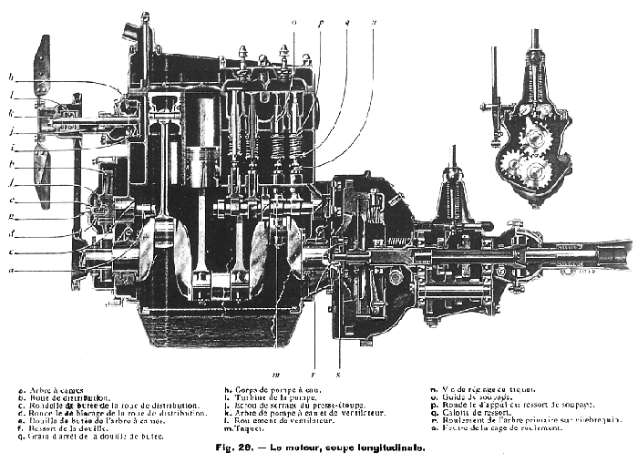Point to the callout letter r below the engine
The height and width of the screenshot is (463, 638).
click(x=314, y=373)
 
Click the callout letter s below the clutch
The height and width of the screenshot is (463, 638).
click(x=339, y=373)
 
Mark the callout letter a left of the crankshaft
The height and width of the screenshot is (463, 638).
click(x=11, y=270)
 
